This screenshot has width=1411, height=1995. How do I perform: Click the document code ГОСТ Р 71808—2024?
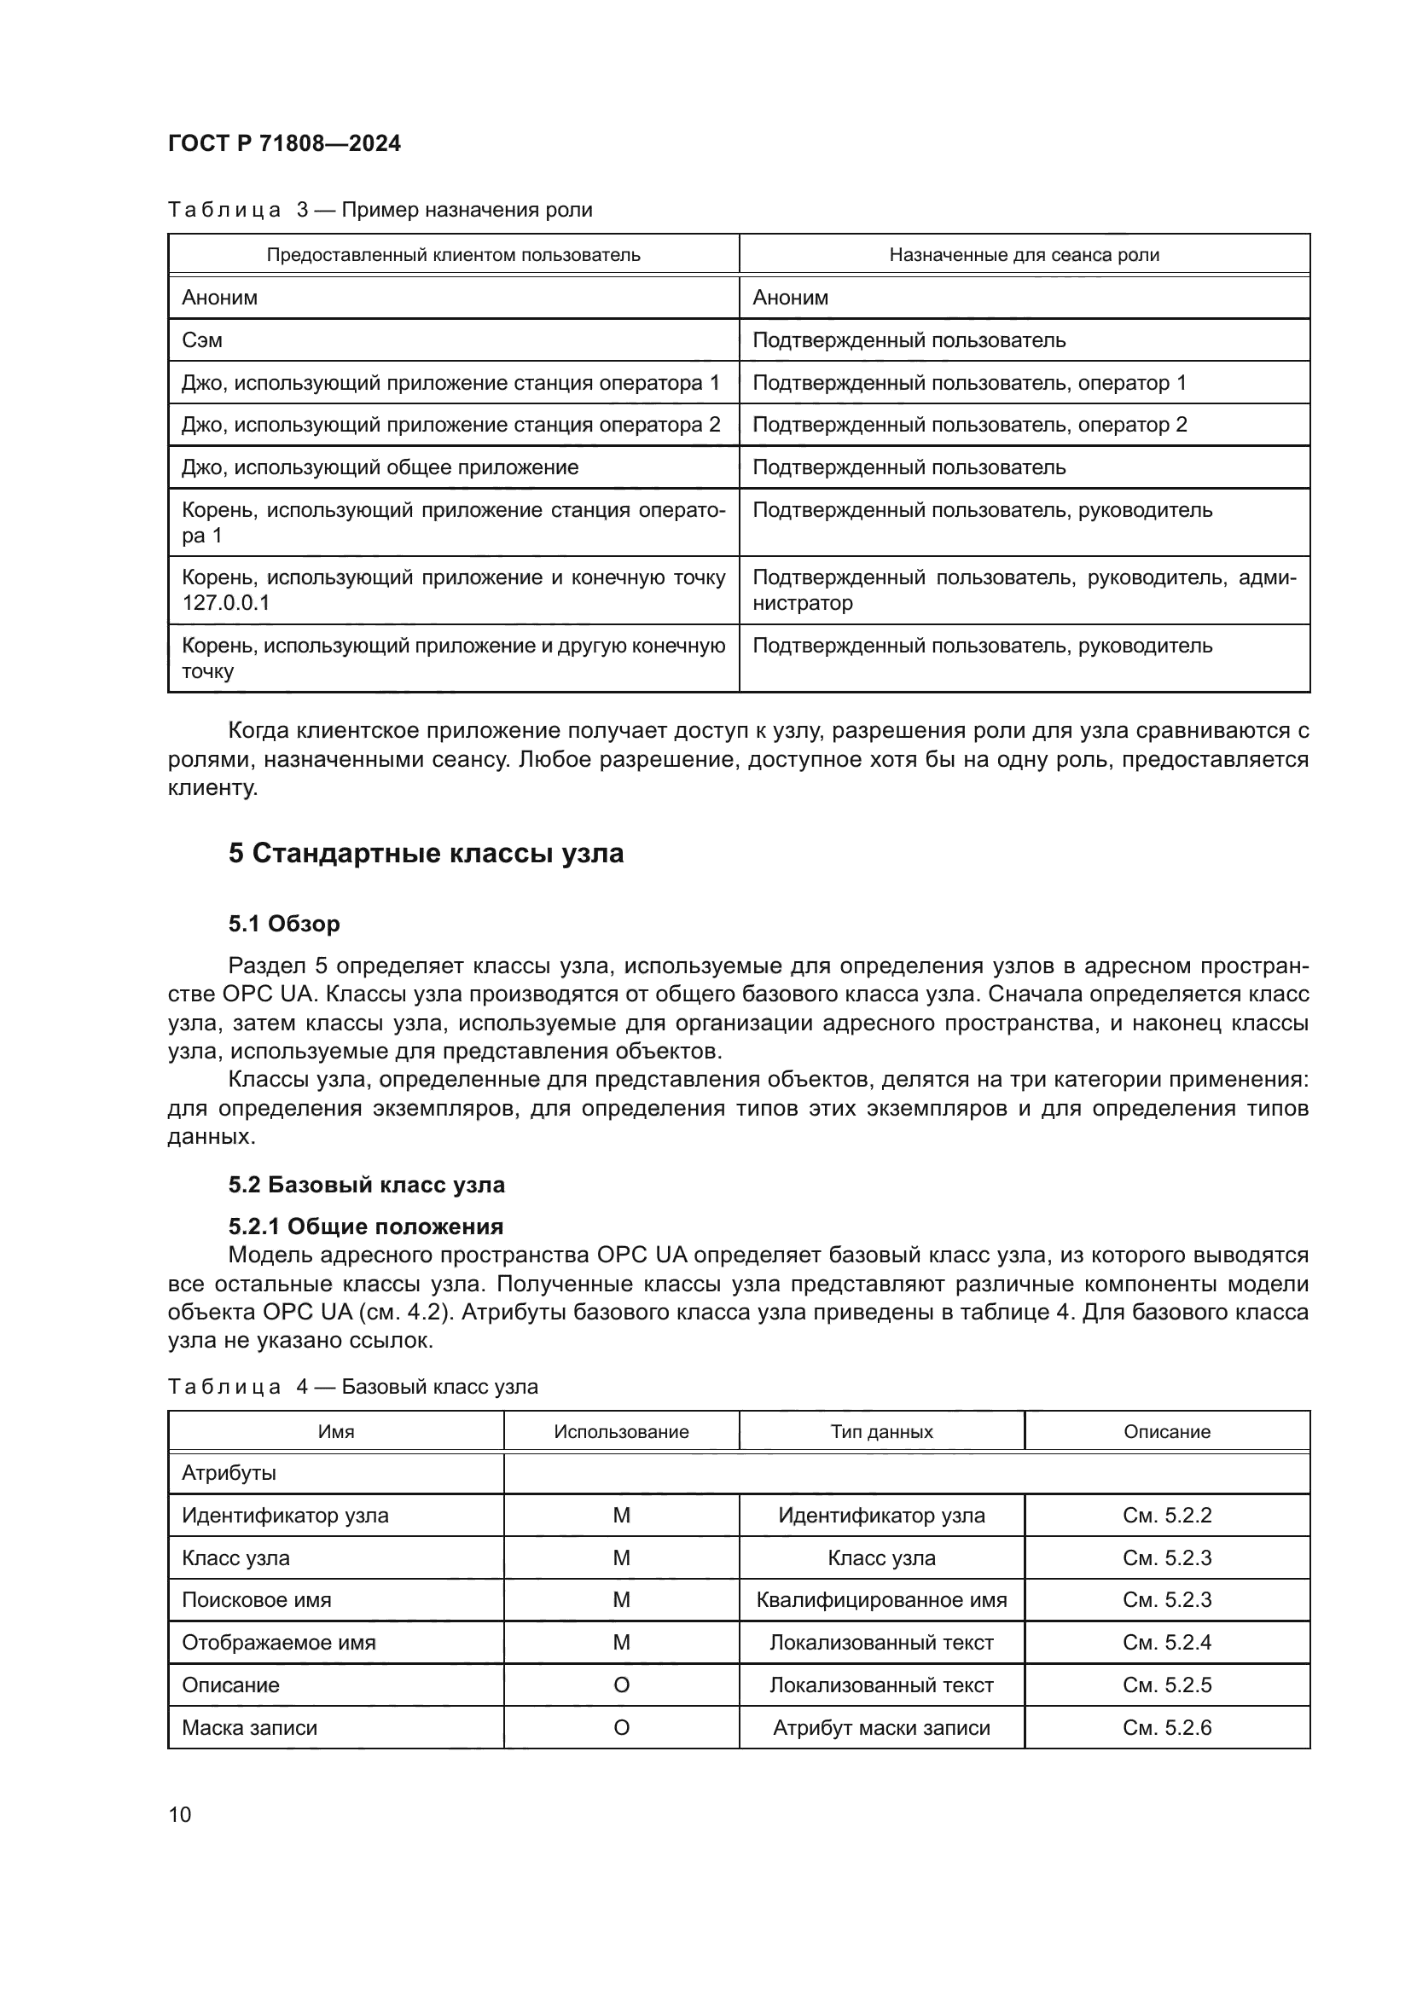tap(284, 143)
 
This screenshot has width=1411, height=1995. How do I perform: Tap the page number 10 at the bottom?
tap(180, 1814)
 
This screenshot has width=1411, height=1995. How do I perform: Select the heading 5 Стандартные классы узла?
tap(426, 853)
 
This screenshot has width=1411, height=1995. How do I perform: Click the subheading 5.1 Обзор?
tap(284, 924)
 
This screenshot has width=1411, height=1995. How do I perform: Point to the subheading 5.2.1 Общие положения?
tap(366, 1226)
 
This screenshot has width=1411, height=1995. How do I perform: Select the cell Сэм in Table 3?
tap(201, 339)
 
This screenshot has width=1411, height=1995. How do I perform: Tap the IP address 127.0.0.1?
tap(226, 602)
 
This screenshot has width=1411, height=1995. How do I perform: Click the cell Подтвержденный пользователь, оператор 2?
tap(969, 425)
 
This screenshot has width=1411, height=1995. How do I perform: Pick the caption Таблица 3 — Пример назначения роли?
tap(380, 210)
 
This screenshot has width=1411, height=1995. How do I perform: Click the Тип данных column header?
tap(881, 1431)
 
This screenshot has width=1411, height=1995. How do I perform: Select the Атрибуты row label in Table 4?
tap(229, 1473)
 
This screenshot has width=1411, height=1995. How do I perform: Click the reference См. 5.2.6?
tap(1166, 1727)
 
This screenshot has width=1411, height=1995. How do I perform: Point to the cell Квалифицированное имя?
tap(881, 1599)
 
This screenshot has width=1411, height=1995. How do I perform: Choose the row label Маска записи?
tap(249, 1727)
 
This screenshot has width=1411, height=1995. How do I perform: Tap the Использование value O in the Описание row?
tap(621, 1685)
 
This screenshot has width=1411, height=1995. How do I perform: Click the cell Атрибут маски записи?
tap(881, 1727)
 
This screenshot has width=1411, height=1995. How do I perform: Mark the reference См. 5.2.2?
tap(1166, 1516)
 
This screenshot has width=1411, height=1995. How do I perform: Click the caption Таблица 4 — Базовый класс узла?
tap(353, 1386)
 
